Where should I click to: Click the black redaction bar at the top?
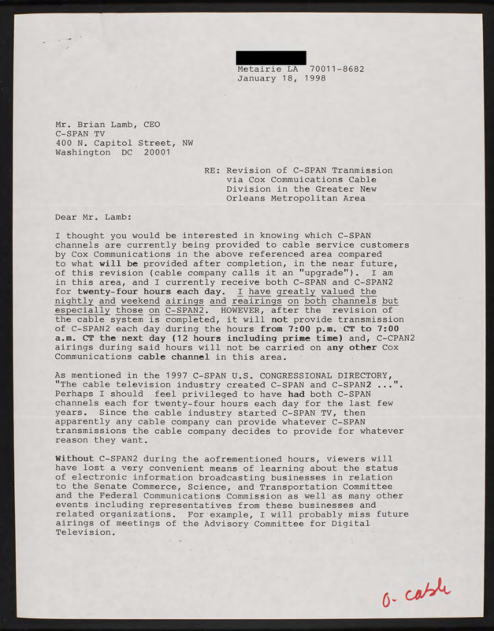tap(271, 58)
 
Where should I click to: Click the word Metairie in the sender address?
tap(261, 69)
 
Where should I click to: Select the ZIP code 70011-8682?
tap(337, 69)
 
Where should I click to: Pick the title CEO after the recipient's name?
tap(151, 124)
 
